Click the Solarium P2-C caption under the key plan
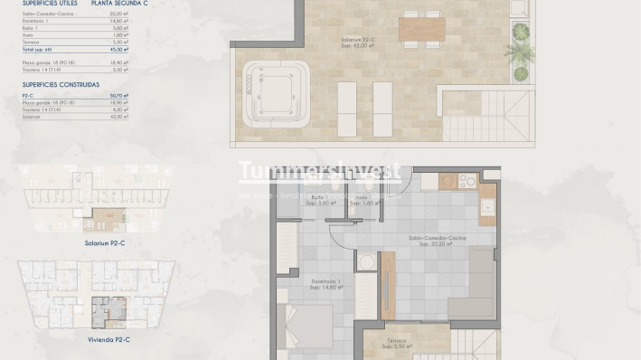click(x=91, y=243)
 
